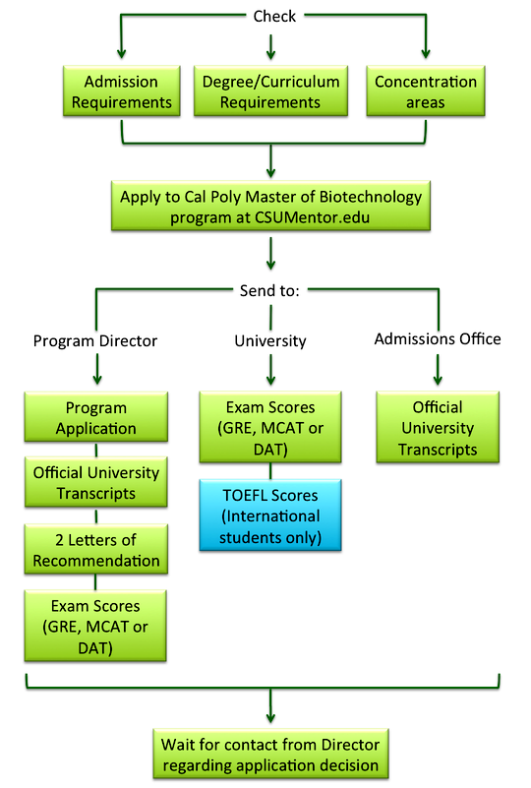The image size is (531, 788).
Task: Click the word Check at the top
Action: [274, 17]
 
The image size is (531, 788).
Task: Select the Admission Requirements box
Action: [122, 91]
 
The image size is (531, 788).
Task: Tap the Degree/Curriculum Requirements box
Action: [270, 91]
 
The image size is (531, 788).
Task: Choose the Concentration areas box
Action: [426, 91]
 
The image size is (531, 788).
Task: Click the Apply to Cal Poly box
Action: [270, 206]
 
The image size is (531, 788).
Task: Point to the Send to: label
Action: [269, 290]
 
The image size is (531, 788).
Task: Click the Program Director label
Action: [95, 340]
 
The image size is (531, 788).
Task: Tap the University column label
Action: [270, 340]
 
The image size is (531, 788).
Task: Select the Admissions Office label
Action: [438, 339]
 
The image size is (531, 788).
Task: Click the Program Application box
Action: [96, 417]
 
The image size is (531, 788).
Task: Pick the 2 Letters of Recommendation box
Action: [96, 549]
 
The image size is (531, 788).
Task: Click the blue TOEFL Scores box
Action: [270, 515]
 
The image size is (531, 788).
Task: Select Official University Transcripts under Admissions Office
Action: [438, 427]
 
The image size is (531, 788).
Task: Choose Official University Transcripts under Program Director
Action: [96, 482]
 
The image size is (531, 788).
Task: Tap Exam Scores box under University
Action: [270, 427]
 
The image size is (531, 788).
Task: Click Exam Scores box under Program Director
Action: [95, 627]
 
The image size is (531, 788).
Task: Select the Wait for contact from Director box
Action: [270, 755]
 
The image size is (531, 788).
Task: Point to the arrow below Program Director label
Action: [97, 369]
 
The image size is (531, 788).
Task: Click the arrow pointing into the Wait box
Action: [270, 706]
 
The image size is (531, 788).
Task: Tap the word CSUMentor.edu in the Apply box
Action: [312, 217]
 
